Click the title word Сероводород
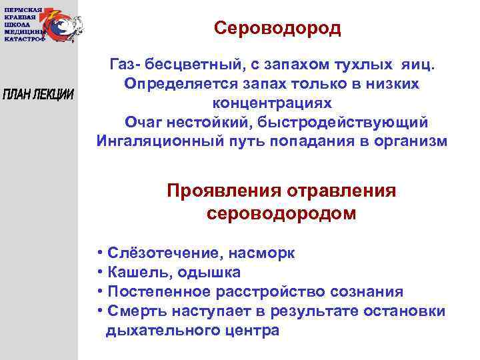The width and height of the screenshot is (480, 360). [278, 29]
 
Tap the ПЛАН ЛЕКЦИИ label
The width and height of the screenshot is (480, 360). [39, 93]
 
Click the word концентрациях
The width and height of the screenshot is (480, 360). [271, 105]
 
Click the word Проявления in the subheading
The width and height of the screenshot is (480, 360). [225, 191]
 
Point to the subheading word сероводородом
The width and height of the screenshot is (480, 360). [281, 214]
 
